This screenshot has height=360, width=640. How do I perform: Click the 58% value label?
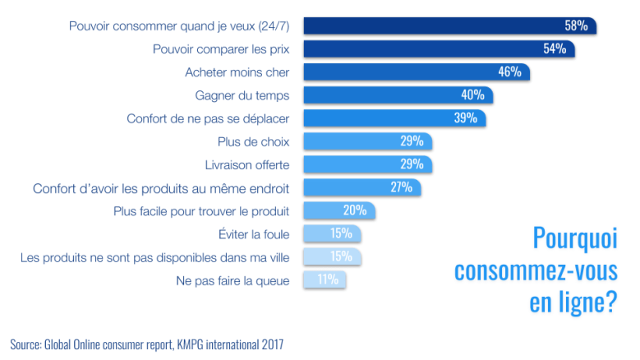[576, 25]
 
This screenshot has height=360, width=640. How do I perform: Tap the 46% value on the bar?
[509, 72]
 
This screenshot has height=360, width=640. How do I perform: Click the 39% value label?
[466, 118]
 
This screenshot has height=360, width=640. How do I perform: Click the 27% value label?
[402, 187]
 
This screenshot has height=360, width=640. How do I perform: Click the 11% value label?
[329, 280]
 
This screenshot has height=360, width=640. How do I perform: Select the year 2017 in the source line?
[270, 344]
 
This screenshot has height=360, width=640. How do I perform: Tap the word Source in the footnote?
[26, 344]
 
